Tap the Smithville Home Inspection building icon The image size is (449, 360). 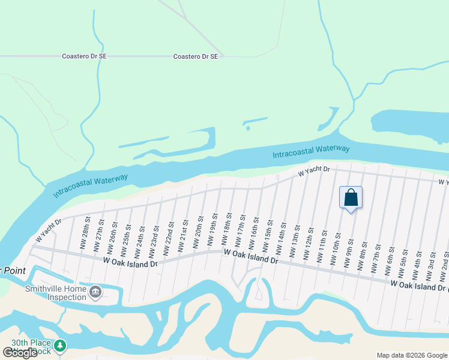(95, 292)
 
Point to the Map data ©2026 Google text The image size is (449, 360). (412, 355)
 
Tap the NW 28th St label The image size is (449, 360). (85, 233)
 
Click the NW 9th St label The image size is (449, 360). (351, 250)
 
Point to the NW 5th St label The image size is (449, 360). (405, 258)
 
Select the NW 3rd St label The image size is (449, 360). (432, 263)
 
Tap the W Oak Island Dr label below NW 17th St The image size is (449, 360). (251, 257)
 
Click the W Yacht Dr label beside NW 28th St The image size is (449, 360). (48, 231)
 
